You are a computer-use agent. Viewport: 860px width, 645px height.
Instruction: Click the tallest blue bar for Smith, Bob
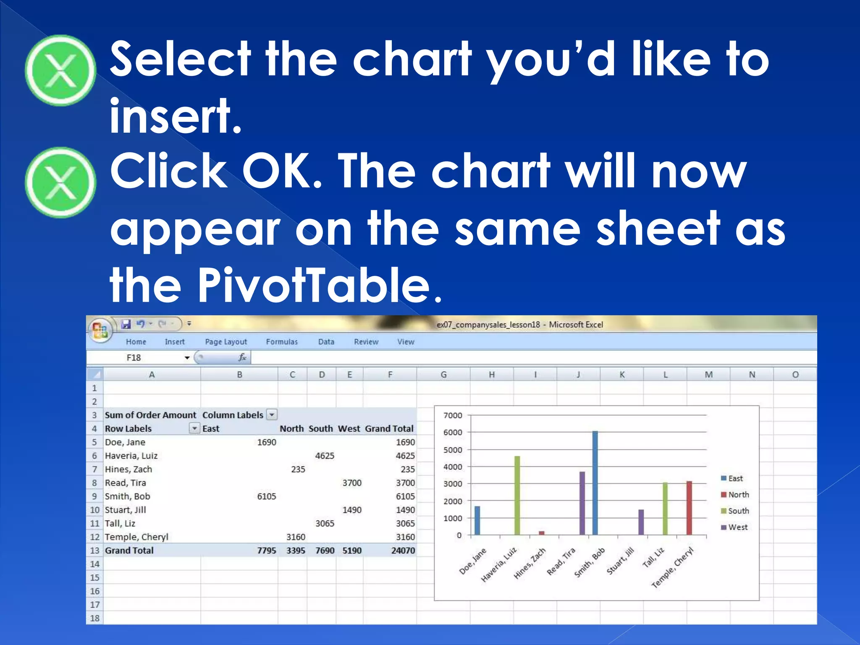pos(595,483)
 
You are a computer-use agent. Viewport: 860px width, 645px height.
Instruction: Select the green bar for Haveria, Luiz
pos(517,496)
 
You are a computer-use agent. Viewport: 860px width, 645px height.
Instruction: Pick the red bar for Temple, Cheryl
pos(689,508)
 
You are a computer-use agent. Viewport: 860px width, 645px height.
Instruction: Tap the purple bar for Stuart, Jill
pos(641,522)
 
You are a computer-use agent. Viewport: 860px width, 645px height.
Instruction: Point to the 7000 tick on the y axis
pos(453,415)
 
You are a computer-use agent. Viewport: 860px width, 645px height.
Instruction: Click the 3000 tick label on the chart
pos(453,484)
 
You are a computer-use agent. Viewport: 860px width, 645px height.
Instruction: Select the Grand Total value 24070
pos(403,551)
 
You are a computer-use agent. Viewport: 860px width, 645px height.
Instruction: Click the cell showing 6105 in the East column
pos(266,496)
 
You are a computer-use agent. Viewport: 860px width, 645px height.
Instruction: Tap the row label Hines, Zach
pos(128,469)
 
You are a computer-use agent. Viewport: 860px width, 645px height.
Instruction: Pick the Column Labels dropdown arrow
pos(272,415)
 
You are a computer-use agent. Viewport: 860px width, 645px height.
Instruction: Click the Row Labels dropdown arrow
pos(194,428)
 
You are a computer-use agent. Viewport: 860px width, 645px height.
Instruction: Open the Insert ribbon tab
pos(175,342)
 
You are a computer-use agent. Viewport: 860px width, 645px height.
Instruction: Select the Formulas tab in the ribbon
pos(282,342)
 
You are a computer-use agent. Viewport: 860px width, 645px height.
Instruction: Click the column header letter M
pos(708,375)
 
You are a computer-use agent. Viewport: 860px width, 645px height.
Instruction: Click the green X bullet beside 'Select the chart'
pos(61,71)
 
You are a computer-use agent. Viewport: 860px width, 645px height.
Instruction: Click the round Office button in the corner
pos(100,330)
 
